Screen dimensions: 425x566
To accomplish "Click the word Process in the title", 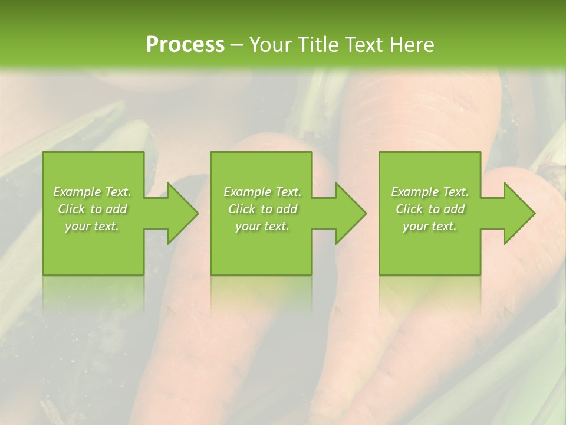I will tap(185, 45).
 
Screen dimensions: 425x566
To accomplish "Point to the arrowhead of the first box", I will tap(180, 213).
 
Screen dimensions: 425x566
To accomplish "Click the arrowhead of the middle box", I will tap(348, 213).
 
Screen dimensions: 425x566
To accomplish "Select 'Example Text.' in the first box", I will tap(92, 192).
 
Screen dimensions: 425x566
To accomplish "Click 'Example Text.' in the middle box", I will tap(262, 192).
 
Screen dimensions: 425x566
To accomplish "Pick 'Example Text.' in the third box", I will tap(430, 192).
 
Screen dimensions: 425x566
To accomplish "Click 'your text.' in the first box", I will tap(92, 226).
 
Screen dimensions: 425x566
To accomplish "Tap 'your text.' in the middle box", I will tap(262, 226).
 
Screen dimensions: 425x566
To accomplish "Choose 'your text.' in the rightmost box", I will tap(430, 226).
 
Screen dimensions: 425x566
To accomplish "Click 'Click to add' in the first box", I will tap(92, 209).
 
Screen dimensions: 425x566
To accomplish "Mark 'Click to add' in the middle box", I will tap(262, 209).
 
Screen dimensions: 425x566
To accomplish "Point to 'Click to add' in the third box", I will tap(430, 209).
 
